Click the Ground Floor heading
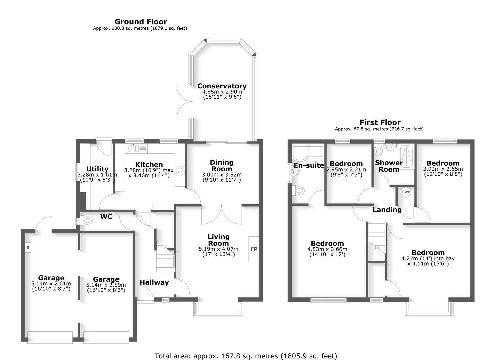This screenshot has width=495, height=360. point(141,22)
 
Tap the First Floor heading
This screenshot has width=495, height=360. point(380,122)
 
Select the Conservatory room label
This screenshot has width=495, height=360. point(222,86)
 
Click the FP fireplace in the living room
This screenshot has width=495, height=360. point(254,249)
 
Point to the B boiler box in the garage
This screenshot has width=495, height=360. point(28,247)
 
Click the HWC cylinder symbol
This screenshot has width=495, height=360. point(406,192)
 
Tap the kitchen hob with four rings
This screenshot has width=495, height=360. point(180,170)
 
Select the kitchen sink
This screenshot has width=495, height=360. point(133,148)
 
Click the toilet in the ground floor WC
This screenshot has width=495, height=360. point(87,220)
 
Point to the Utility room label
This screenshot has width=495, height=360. point(97,169)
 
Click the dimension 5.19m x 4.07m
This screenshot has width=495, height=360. point(218,249)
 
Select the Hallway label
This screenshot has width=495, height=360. point(154,282)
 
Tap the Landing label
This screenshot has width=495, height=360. point(387,210)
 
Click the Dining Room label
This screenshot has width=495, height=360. point(222,165)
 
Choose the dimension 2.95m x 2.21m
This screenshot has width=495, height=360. point(346,170)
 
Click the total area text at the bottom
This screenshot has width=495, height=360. point(246,356)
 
